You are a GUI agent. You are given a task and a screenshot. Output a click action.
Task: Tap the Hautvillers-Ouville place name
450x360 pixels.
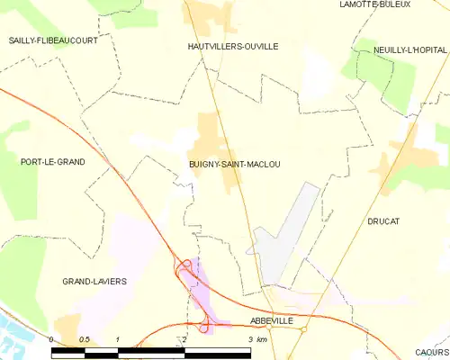233,46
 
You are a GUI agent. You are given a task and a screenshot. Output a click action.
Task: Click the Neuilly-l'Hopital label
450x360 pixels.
410,50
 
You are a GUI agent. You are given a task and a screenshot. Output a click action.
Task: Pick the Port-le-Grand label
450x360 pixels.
52,162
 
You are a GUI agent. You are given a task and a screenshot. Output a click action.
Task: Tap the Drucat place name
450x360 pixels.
382,220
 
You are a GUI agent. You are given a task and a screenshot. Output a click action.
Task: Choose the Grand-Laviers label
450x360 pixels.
94,281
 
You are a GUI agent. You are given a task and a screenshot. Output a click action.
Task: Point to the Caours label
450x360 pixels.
432,352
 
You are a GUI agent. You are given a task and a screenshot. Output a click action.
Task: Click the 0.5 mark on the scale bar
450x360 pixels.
84,338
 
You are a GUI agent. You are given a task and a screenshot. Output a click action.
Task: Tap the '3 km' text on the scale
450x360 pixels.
257,338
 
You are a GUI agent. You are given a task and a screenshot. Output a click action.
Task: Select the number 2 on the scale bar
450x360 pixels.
184,338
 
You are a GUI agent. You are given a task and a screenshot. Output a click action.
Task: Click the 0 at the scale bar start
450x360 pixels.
52,338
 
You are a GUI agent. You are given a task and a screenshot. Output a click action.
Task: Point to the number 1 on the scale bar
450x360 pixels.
118,338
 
